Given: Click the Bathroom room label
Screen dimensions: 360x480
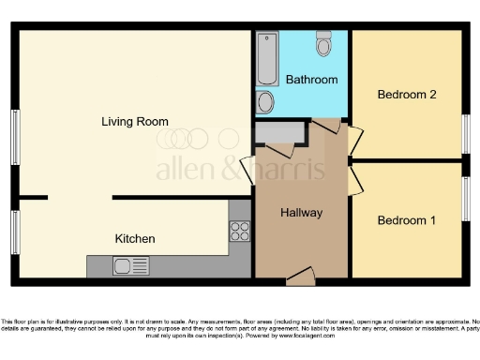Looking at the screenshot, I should coord(311,80).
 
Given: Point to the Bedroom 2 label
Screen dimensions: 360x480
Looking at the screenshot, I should coord(406,95).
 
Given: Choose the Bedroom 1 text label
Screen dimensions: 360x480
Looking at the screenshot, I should coord(406,220).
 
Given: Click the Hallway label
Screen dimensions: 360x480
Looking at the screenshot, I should coord(301,213).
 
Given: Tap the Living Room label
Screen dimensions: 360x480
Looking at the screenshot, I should coord(136,121).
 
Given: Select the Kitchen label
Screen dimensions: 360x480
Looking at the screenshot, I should coord(135,239).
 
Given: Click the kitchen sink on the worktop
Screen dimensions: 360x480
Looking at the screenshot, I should coord(125,266).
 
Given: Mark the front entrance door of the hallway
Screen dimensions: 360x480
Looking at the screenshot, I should coord(300,275).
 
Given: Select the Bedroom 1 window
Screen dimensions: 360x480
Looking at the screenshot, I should coord(466,199).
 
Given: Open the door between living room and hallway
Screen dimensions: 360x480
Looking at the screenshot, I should coord(247,172).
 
